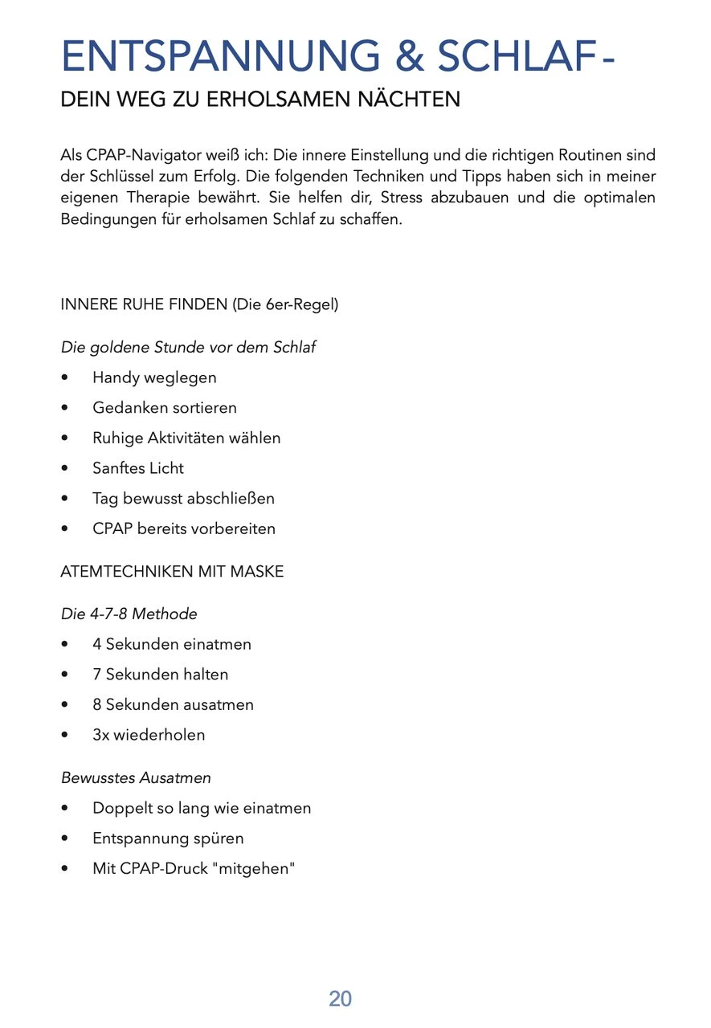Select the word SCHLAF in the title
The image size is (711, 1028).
point(515,55)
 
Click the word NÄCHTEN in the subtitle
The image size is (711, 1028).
point(411,100)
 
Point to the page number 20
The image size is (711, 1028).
point(340,999)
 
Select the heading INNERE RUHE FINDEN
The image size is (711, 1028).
point(144,305)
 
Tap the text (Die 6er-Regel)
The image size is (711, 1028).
point(285,305)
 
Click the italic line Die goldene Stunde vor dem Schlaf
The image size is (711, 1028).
point(188,347)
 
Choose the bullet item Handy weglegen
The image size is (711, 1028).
point(154,377)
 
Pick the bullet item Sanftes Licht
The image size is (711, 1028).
point(138,468)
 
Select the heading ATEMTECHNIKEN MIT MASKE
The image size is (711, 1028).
point(172,572)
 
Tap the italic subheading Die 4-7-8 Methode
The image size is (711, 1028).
point(129,614)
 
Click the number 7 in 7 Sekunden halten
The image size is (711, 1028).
point(97,675)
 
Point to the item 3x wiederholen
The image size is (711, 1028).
point(149,735)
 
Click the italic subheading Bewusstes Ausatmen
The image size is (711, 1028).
point(136,777)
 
